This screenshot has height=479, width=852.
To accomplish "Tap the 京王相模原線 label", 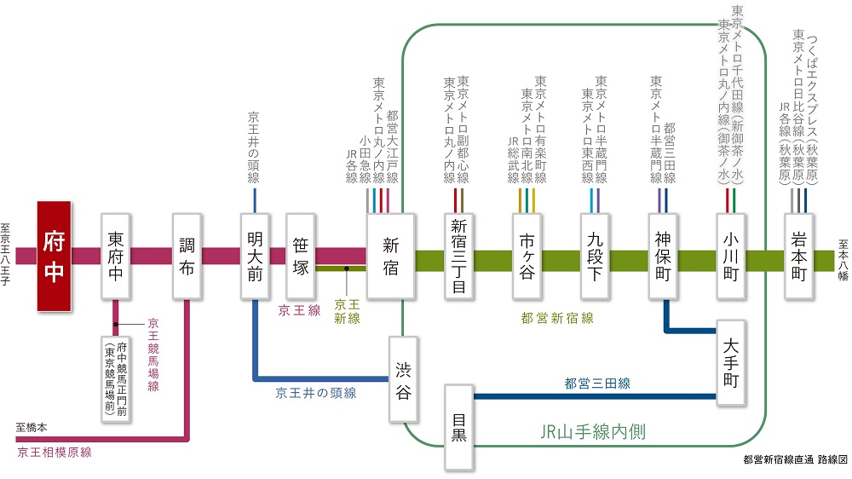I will coord(54,453).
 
